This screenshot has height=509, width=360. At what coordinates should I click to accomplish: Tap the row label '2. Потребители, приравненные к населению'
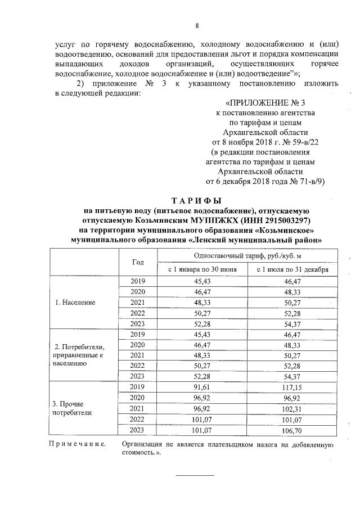[x=77, y=355]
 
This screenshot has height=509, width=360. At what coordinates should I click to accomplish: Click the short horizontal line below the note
[x=196, y=475]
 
